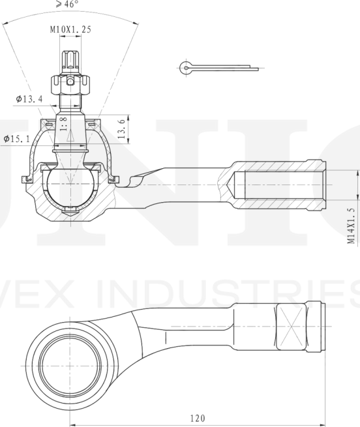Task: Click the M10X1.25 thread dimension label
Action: point(70,29)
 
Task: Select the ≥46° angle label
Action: point(67,4)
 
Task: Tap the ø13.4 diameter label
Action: point(29,99)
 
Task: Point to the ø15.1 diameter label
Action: point(16,139)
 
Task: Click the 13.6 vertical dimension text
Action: point(121,129)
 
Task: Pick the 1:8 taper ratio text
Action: point(63,123)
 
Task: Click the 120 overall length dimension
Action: point(198,418)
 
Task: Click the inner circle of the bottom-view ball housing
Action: point(70,359)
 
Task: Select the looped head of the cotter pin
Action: point(187,66)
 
